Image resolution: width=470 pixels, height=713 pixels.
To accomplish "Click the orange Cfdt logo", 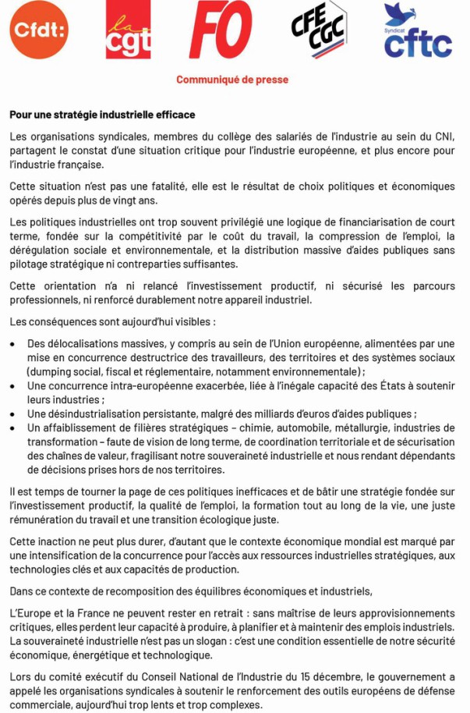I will coord(38,30).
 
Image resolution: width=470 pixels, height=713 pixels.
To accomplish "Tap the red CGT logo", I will coord(129,30).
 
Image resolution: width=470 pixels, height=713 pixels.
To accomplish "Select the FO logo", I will coord(221,30).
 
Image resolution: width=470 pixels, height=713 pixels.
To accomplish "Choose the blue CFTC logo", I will coord(417,32).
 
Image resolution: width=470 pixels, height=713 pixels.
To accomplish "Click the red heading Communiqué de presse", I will coord(232,80).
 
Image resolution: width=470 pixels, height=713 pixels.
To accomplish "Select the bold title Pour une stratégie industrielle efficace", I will coord(102,115).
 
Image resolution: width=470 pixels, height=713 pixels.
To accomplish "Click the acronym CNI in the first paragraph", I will coord(445,137).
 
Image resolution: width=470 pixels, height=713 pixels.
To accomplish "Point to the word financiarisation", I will coord(352,222).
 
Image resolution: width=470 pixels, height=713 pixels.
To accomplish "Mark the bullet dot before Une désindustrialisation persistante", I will coord(13,414).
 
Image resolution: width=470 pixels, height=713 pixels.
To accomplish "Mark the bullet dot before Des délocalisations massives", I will coord(13,343).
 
